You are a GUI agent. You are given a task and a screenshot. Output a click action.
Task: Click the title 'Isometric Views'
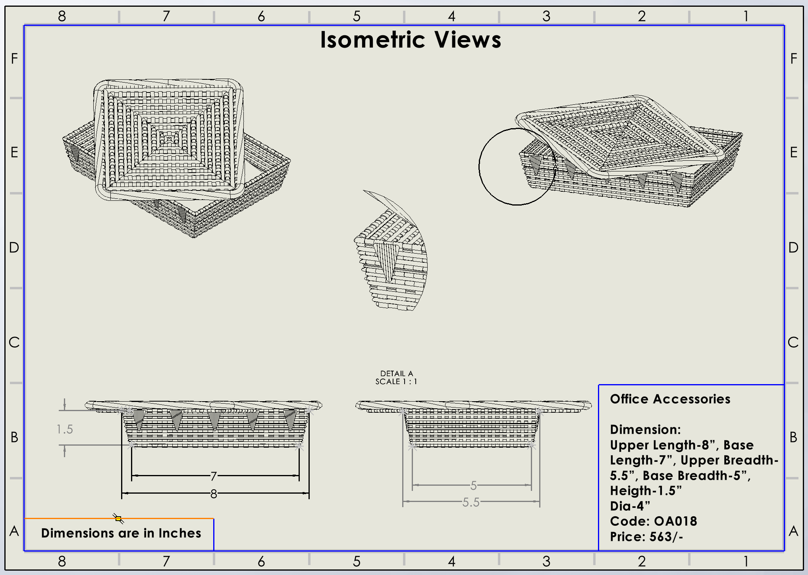pos(411,40)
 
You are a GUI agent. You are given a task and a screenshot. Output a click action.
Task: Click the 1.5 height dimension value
pos(65,429)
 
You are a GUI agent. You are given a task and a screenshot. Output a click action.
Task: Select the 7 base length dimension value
pos(214,475)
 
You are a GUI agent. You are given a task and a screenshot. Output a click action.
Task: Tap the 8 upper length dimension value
pos(214,494)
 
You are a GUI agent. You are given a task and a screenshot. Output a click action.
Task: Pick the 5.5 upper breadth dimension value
pos(471,502)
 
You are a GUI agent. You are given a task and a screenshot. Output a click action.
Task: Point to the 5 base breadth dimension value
pos(473,485)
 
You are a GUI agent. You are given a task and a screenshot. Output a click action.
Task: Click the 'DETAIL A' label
pos(396,373)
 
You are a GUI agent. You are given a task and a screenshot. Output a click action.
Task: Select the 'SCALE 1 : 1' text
pos(396,382)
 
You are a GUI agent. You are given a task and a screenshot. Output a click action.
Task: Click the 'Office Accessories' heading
pos(670,399)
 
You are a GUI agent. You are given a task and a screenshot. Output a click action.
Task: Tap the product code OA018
pos(675,521)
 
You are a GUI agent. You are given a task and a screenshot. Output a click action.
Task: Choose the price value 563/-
pos(666,537)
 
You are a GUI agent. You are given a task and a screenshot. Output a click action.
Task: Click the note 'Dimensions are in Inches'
pos(121,533)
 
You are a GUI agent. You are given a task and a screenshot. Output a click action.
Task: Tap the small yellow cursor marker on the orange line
pos(118,518)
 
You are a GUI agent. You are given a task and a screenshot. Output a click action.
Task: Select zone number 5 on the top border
pos(357,16)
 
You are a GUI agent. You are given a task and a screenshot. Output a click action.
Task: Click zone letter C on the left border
pos(14,342)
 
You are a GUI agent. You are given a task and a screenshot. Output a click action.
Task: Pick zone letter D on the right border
pos(793,248)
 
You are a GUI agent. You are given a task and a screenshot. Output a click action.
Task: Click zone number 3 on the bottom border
pos(546,561)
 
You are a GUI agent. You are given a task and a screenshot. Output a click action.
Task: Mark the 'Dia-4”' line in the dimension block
pos(630,506)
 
